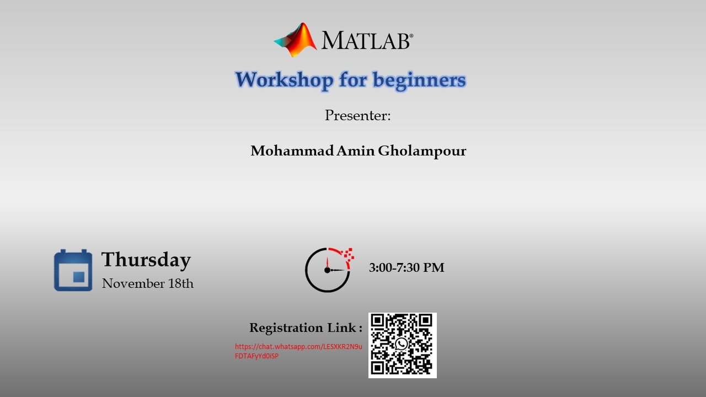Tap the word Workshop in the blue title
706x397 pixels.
coord(284,80)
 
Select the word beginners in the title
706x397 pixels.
coord(419,81)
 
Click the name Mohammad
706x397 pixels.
coord(292,151)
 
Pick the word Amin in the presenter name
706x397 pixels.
coord(356,151)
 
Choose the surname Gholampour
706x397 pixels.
coord(422,151)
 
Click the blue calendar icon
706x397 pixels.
coord(73,270)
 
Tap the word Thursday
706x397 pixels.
coord(146,260)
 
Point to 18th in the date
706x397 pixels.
coord(181,283)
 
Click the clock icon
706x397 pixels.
coord(329,270)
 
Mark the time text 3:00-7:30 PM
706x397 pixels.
coord(407,267)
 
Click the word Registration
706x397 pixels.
coord(286,328)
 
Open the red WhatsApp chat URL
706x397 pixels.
coord(298,351)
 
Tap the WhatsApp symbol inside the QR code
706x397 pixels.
coord(402,344)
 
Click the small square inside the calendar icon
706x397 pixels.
coord(79,277)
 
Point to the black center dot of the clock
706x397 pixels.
coord(327,270)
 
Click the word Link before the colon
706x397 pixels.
coord(341,328)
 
